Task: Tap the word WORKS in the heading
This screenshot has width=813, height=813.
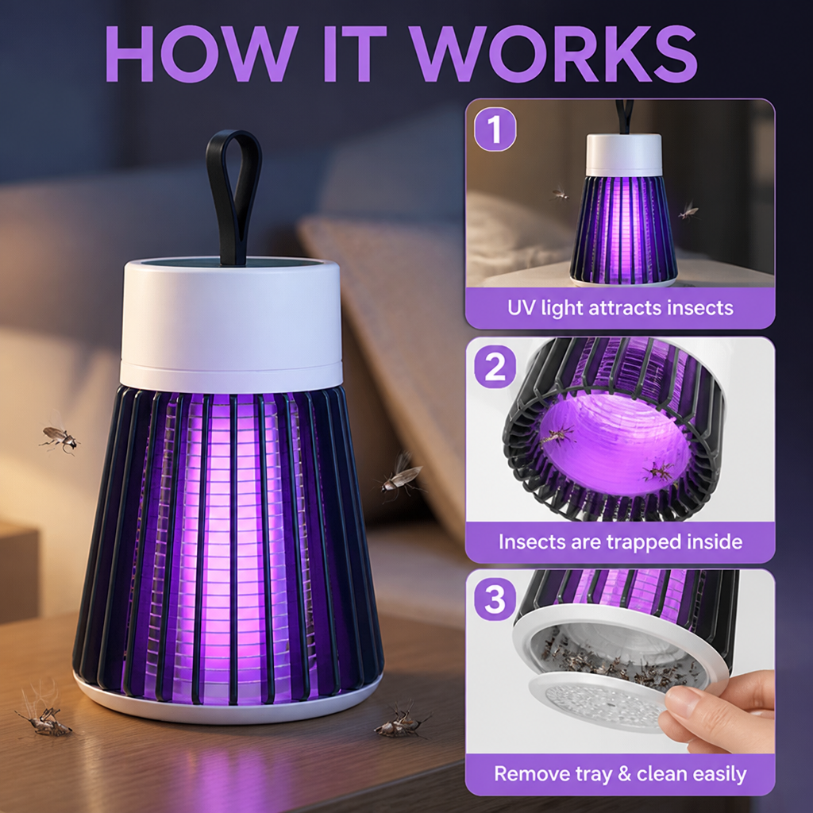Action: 555,53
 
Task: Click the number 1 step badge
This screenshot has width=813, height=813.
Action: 495,129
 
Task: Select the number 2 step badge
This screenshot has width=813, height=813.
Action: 495,367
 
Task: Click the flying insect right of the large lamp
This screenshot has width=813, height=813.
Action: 400,475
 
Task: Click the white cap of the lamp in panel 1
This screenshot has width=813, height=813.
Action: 624,155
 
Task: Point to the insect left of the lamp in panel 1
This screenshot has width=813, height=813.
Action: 560,194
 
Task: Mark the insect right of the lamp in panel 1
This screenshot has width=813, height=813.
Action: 689,210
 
